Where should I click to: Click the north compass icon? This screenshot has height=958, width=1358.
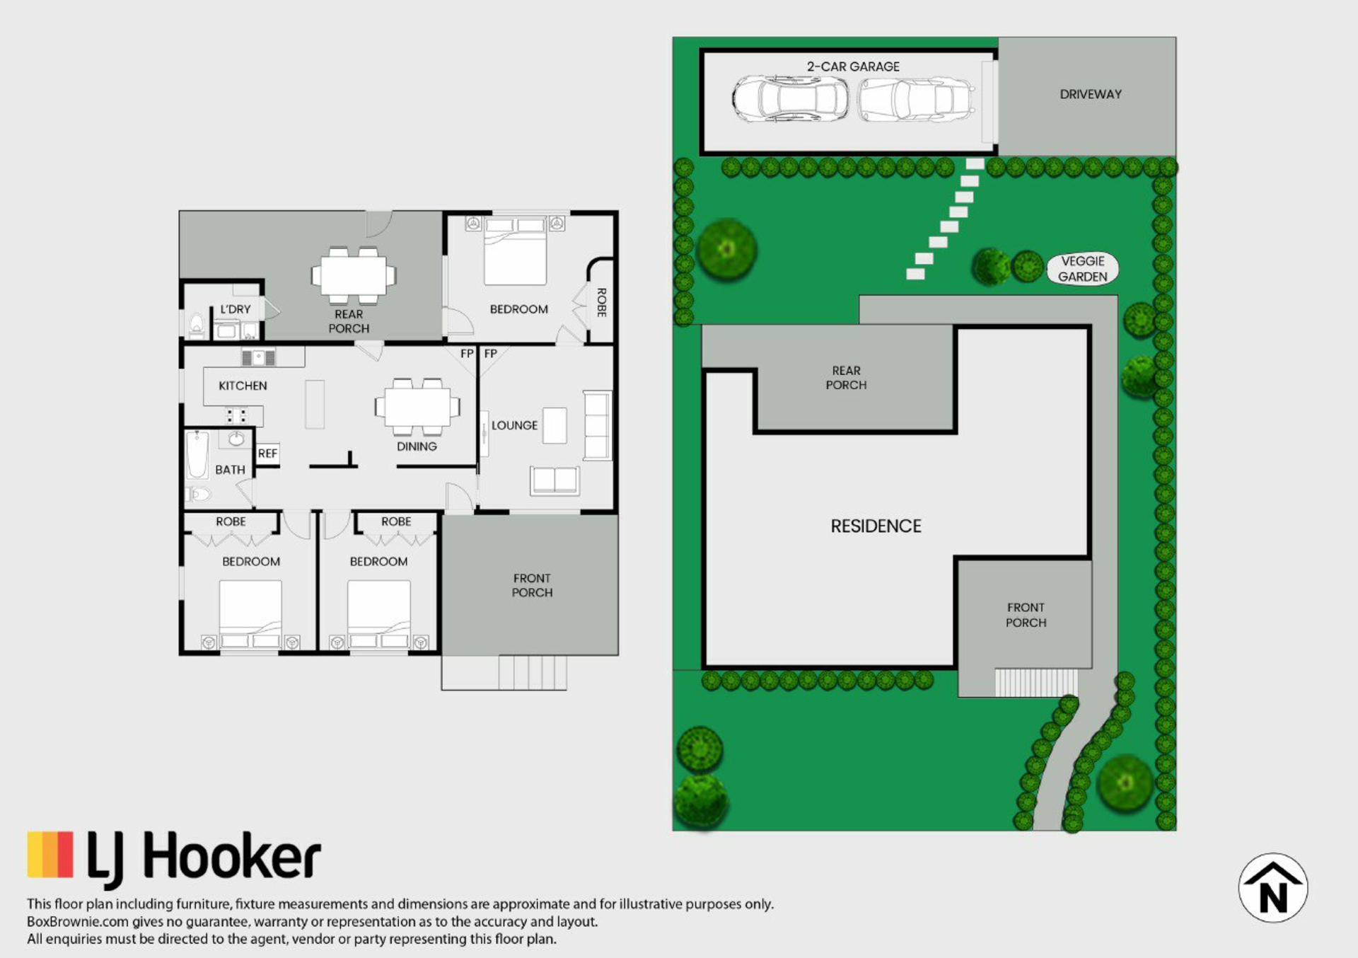pos(1272,887)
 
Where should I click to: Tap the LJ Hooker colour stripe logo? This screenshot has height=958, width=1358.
pos(50,855)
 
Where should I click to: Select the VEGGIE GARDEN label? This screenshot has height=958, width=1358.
pos(1082,269)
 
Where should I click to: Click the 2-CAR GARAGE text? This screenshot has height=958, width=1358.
pos(853,67)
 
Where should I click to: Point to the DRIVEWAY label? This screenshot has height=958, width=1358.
pos(1090,94)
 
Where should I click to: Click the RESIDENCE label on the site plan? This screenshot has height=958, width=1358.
pos(876,526)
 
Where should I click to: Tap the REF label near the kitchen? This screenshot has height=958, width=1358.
pos(267,454)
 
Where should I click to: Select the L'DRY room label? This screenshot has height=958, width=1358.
pos(236,309)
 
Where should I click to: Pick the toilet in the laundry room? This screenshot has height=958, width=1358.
pos(197,326)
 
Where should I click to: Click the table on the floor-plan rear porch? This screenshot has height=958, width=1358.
pos(354,275)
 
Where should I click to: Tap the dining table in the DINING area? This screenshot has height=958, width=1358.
pos(417,407)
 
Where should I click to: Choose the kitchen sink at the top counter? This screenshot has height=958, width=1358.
pos(259,357)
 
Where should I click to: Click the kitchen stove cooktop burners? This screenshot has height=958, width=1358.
pos(236,415)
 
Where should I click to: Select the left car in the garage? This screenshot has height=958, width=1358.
pos(790,99)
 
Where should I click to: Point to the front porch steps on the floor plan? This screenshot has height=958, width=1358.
pos(533,672)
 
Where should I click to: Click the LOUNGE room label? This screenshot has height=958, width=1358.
pos(514,425)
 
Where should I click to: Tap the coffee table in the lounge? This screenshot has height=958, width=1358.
pos(555,425)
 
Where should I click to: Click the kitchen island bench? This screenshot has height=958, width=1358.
pos(315,404)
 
